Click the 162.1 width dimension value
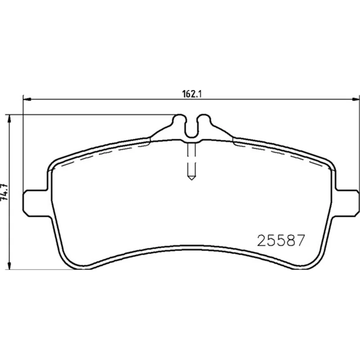coord(192,94)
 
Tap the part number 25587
coord(281,240)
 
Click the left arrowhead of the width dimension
coord(27,99)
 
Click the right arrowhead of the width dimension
coord(355,99)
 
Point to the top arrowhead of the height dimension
coord(9,119)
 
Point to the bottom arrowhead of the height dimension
coord(9,265)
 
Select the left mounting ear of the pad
coord(36,203)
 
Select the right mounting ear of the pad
coord(347,203)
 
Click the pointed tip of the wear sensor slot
coord(192,180)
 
